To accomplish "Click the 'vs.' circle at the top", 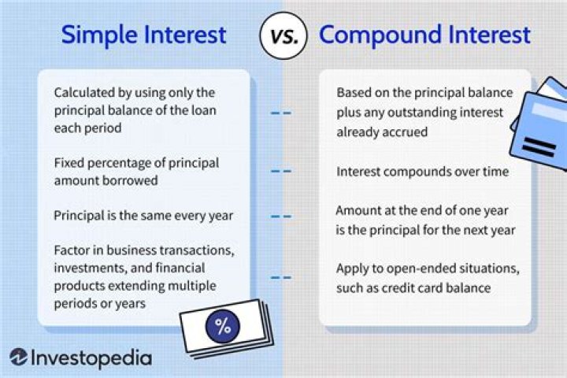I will [283, 36].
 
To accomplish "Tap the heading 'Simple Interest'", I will [144, 35].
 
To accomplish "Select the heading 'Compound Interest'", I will [424, 35].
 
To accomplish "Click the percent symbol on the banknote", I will [223, 325].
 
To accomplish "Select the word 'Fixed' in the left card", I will [69, 163].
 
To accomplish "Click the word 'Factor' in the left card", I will [72, 250].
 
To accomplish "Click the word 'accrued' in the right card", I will [405, 132].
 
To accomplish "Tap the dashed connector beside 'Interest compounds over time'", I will [281, 171].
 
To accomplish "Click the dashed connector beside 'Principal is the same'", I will [281, 215].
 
